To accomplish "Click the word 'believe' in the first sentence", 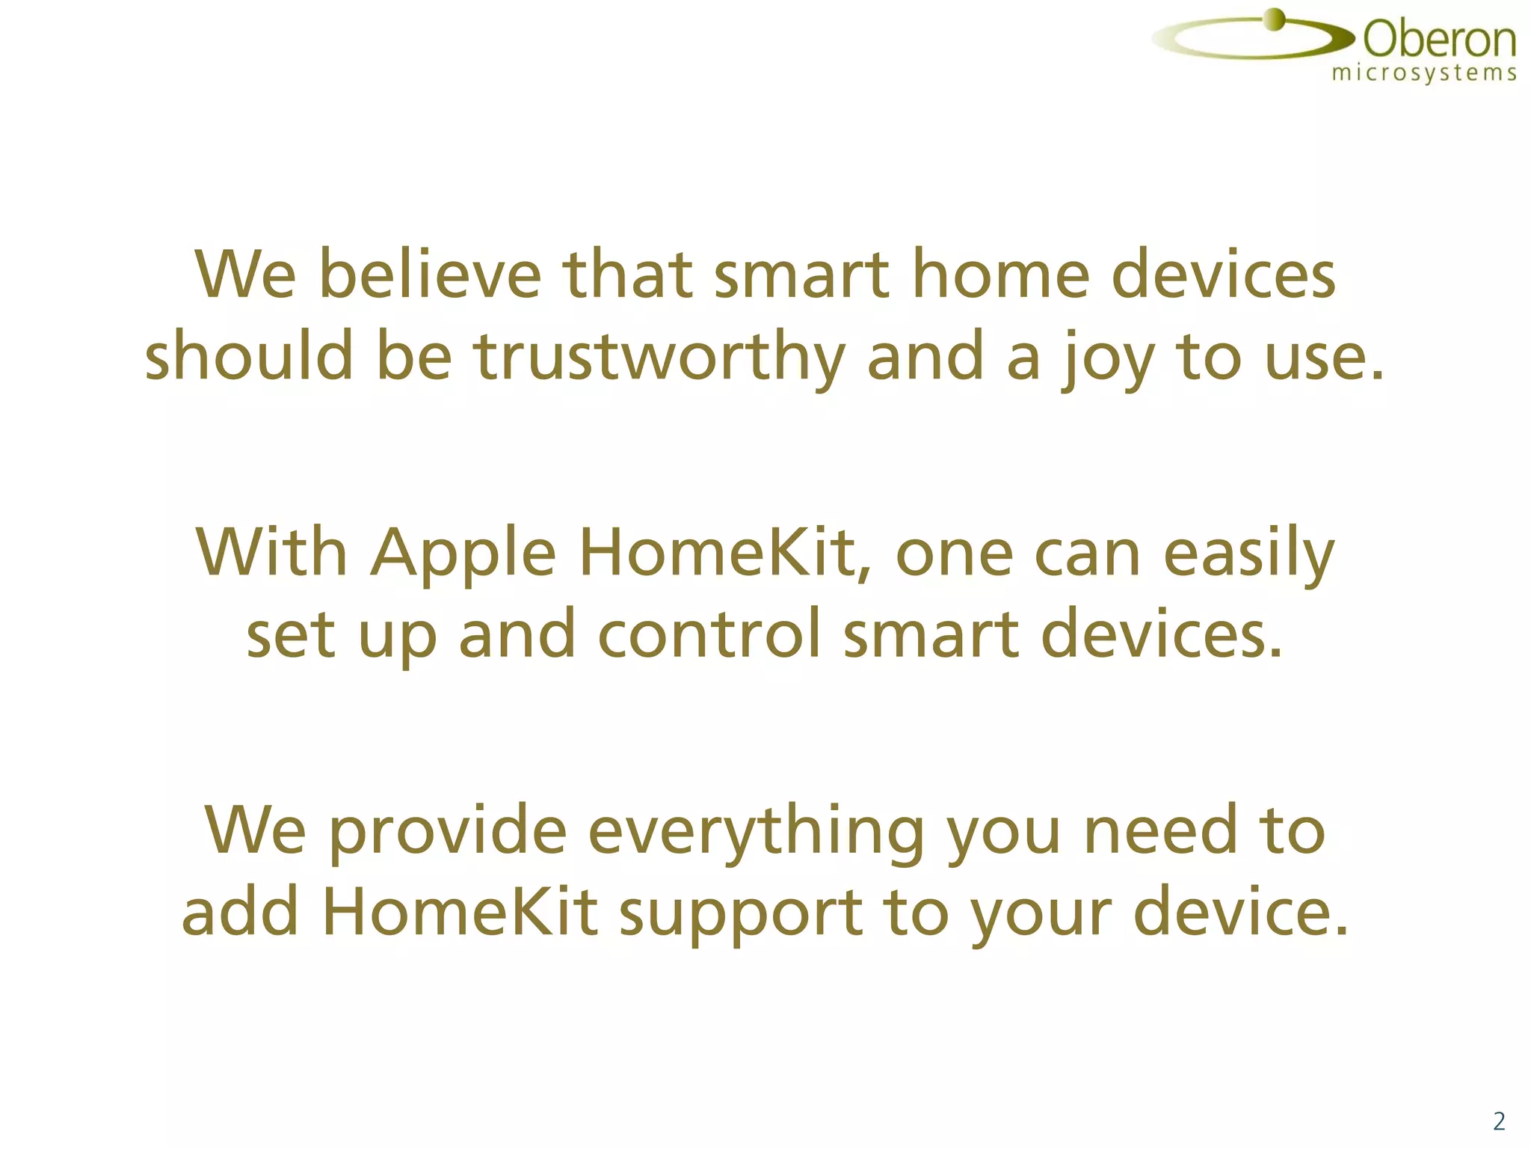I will click(429, 275).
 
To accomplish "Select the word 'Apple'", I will click(464, 554).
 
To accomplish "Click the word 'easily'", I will click(1248, 554).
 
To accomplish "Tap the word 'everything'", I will click(756, 832).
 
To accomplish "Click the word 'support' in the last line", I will click(740, 913).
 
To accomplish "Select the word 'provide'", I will click(448, 832).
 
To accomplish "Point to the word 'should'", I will click(249, 357).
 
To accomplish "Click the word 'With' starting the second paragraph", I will click(272, 554).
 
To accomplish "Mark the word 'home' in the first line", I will click(1000, 275).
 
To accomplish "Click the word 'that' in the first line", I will click(627, 275).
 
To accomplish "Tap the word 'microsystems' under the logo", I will click(1424, 73).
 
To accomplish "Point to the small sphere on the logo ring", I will click(1273, 19).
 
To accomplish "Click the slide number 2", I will click(1498, 1121).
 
